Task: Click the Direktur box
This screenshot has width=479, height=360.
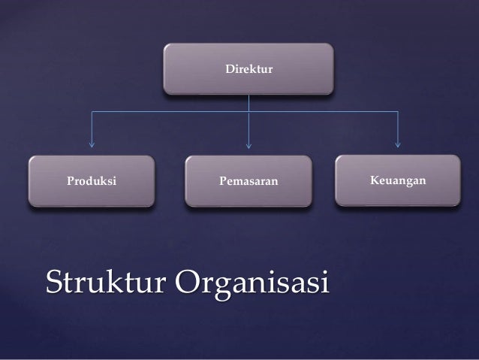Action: [x=249, y=69]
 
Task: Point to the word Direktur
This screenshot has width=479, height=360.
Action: [x=249, y=70]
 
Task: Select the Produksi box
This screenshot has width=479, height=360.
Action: [x=92, y=181]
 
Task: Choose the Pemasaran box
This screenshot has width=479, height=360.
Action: [x=249, y=181]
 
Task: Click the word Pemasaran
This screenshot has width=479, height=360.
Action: [x=249, y=182]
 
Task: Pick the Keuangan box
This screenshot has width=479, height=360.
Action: [x=398, y=180]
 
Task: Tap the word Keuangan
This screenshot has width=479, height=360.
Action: [x=398, y=181]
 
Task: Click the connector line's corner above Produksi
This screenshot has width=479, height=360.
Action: [x=92, y=112]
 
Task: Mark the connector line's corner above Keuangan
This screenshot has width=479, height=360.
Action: [x=398, y=112]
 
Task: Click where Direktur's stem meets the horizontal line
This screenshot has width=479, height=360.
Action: [x=249, y=112]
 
